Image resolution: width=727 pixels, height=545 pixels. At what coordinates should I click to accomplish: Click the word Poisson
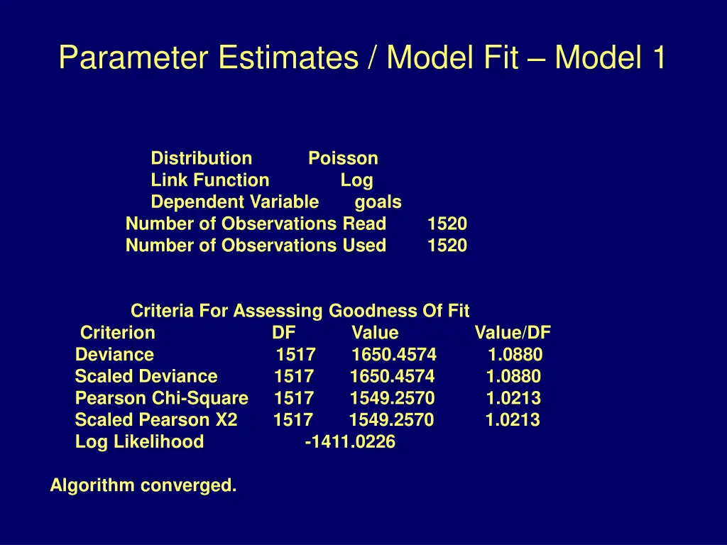tap(343, 158)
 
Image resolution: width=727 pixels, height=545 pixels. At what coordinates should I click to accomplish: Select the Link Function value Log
tap(356, 180)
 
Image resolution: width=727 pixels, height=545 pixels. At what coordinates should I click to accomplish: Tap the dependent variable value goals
tap(378, 202)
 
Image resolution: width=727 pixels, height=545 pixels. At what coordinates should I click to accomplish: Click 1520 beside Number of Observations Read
tap(447, 224)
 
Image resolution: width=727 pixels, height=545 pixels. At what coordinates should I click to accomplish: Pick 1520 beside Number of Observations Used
tap(447, 246)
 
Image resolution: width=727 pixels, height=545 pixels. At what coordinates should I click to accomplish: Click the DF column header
tap(283, 333)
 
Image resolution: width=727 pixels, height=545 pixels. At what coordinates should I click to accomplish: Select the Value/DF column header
tap(512, 333)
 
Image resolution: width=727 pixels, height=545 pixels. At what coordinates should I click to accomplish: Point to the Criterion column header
tap(117, 333)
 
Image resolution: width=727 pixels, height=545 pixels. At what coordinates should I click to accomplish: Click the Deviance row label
tap(114, 355)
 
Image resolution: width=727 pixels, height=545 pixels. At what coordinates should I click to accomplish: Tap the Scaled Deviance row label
tap(146, 376)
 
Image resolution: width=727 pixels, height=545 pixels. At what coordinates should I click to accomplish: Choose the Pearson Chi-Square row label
tap(162, 398)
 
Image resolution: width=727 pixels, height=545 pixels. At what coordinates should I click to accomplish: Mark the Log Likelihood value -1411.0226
tap(350, 442)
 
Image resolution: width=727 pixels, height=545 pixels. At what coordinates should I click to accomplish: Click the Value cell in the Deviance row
tap(394, 355)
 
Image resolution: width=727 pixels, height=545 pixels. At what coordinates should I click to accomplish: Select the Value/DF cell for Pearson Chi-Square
tap(513, 398)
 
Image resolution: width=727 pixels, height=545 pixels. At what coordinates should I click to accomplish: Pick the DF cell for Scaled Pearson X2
tap(293, 420)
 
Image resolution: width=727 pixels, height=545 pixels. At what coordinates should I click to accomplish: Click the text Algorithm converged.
tap(143, 486)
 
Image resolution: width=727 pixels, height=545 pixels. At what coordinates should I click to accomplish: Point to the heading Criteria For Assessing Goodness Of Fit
tap(300, 311)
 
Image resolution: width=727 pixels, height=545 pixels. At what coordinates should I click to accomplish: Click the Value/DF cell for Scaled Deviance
tap(513, 376)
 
